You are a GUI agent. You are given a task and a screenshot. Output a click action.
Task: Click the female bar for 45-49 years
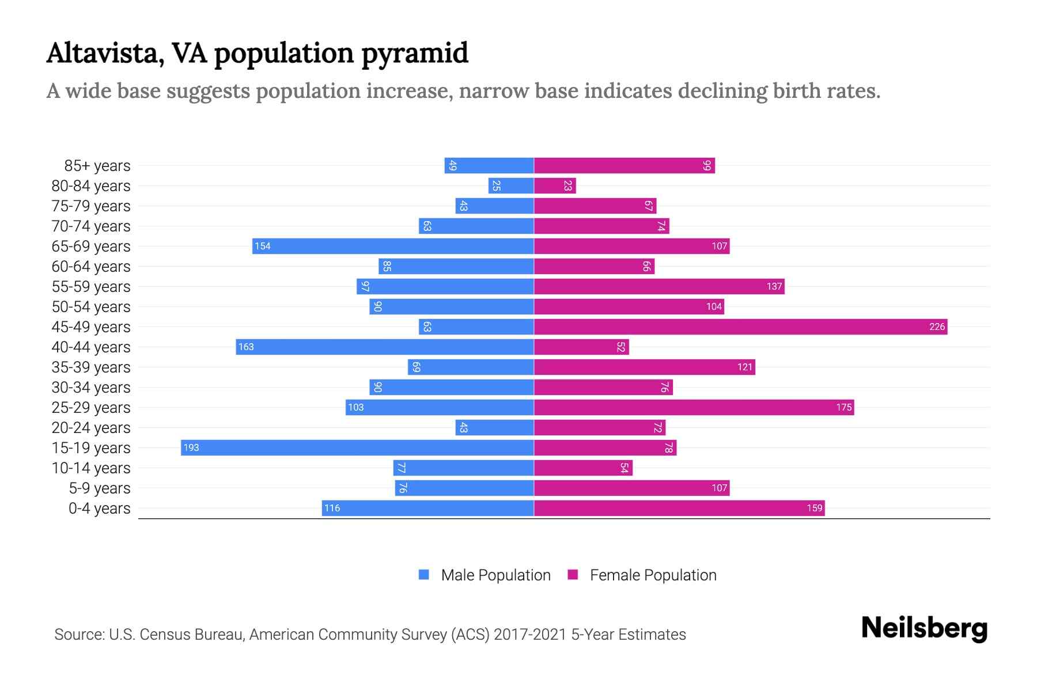(740, 327)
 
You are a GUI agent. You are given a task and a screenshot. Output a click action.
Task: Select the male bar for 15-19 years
(357, 448)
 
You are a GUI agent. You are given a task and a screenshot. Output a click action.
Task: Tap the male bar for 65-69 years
(393, 246)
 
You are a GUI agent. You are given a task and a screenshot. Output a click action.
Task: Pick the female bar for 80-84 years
(555, 186)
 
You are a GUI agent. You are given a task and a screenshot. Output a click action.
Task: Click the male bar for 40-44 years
(385, 347)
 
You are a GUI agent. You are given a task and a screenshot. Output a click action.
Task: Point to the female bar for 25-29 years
(694, 408)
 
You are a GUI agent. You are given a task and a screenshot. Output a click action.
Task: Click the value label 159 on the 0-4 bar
(814, 508)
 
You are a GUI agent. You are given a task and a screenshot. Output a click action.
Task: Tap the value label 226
(937, 327)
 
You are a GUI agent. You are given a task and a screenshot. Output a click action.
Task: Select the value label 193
(191, 448)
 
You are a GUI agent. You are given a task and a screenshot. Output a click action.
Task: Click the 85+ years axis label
(97, 166)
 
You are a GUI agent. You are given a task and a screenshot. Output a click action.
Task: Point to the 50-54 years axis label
(91, 307)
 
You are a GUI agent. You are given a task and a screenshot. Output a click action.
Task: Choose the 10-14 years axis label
(91, 468)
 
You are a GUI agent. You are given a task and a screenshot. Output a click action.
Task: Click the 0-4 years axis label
(99, 508)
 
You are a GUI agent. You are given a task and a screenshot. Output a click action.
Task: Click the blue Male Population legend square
(424, 575)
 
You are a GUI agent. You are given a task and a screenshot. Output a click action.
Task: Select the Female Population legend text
(653, 575)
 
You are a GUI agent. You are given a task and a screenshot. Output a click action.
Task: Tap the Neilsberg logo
(924, 628)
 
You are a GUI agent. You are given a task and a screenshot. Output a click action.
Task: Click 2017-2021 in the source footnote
(530, 635)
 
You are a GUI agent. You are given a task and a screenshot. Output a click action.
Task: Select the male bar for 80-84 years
(511, 186)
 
